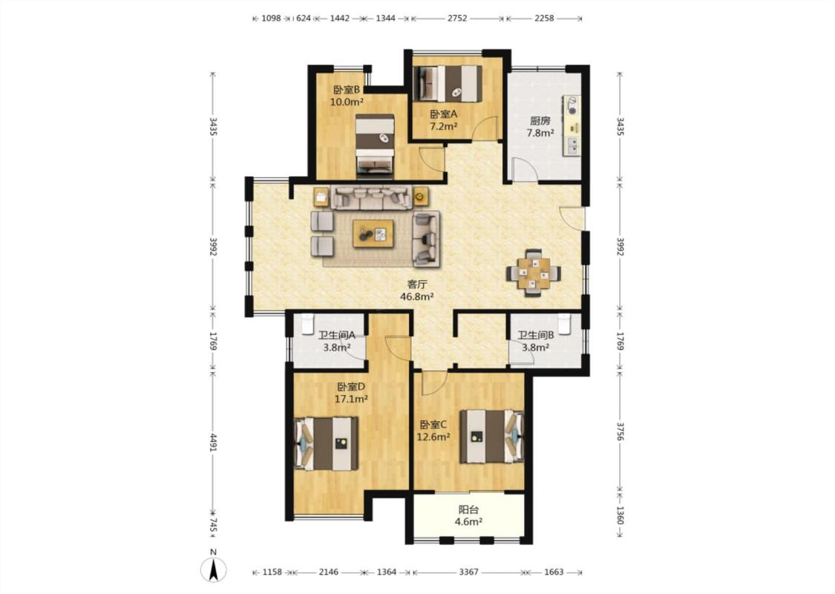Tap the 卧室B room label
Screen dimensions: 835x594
(346, 90)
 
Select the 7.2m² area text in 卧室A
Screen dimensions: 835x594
(444, 126)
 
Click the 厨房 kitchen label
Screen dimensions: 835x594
(540, 121)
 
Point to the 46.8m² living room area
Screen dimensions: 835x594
(416, 297)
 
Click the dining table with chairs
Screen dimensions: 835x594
(533, 272)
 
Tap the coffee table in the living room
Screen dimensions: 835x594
(373, 234)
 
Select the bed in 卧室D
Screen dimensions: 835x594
(327, 444)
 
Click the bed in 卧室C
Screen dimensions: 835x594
(492, 437)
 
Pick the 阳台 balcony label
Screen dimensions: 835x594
(468, 510)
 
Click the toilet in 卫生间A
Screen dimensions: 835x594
(307, 324)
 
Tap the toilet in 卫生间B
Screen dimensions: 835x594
(565, 324)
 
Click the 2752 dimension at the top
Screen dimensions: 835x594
(457, 18)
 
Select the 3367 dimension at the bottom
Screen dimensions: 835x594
(468, 572)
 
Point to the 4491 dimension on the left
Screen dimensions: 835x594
(213, 443)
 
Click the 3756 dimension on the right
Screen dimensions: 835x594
(620, 431)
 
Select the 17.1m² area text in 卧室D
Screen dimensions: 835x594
(351, 399)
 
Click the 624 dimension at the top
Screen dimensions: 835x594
(303, 18)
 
